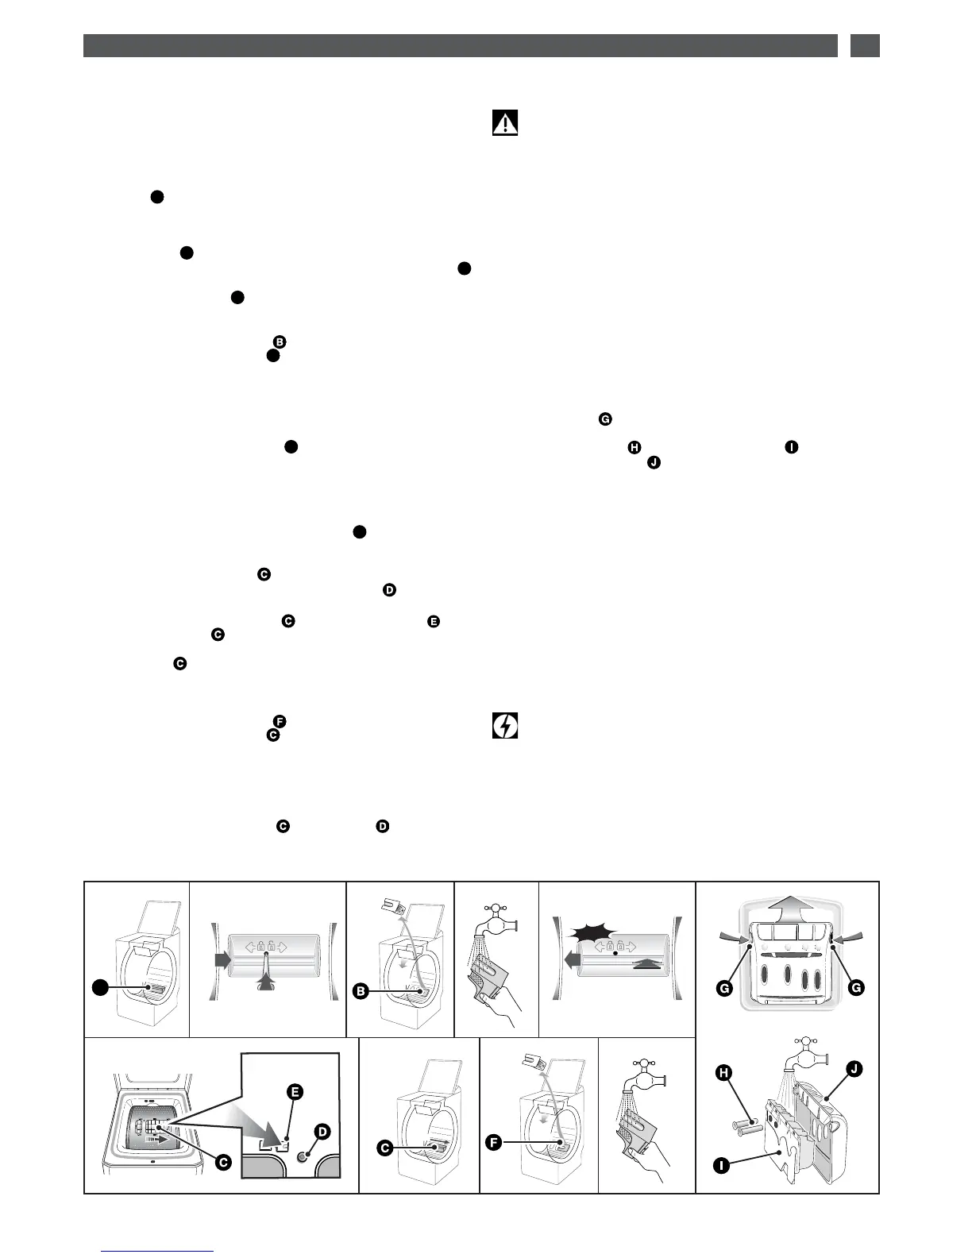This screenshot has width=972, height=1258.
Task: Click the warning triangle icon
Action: point(505,123)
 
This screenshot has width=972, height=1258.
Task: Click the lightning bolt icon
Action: point(505,726)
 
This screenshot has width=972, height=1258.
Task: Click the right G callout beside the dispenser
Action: point(855,987)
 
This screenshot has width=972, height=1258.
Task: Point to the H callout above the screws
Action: point(723,1072)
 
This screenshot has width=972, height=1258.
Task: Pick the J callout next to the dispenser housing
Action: point(853,1069)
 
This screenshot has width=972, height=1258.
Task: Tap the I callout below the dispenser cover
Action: point(721,1166)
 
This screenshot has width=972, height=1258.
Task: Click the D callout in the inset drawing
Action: point(322,1130)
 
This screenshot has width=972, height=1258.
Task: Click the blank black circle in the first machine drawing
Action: point(98,987)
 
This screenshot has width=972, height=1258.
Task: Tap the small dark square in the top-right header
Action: point(865,45)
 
